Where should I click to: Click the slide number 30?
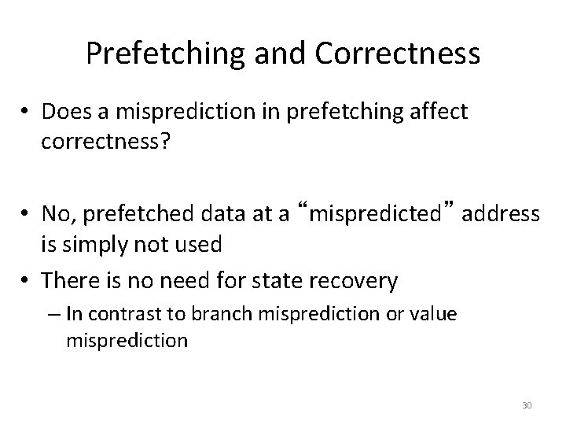527,405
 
